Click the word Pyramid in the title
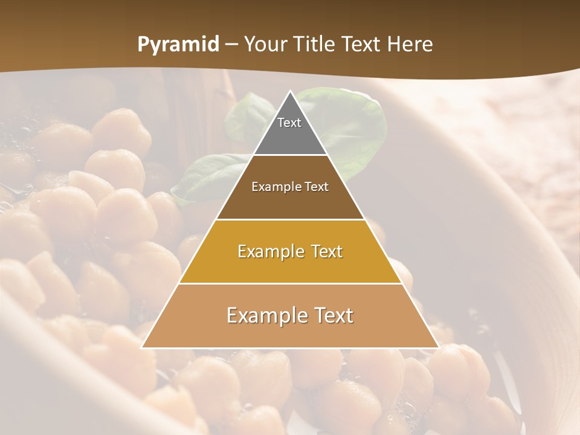click(178, 45)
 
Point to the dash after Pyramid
click(231, 45)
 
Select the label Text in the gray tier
click(289, 123)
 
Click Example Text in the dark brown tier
click(290, 187)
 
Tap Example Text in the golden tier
click(290, 251)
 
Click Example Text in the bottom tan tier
click(290, 315)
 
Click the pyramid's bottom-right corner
click(438, 347)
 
